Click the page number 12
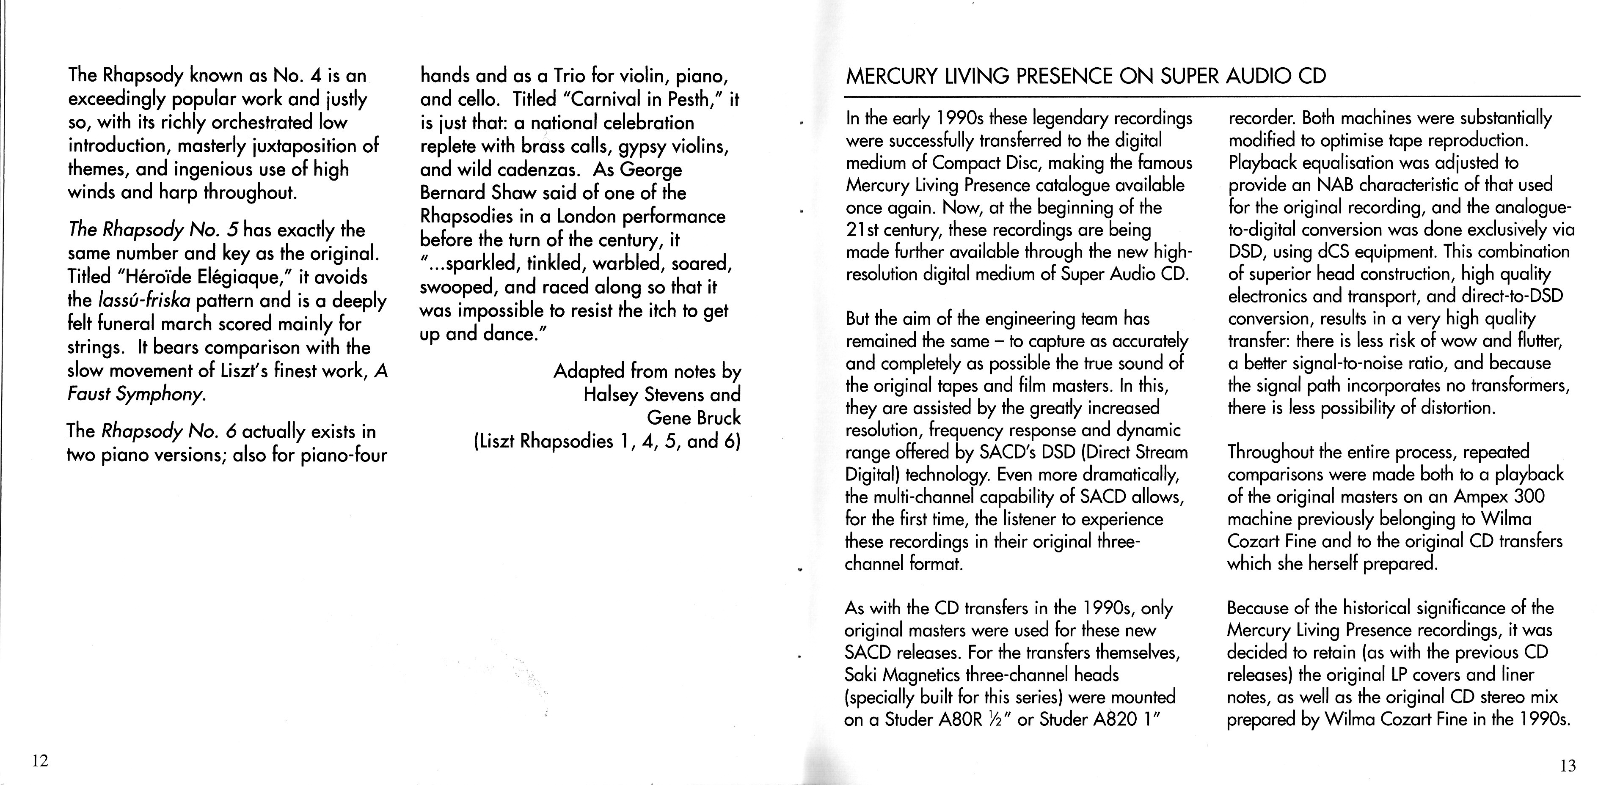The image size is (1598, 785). click(x=40, y=761)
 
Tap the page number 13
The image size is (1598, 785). click(x=1567, y=766)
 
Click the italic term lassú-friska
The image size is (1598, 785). click(x=144, y=301)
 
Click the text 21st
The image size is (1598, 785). click(x=860, y=230)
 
